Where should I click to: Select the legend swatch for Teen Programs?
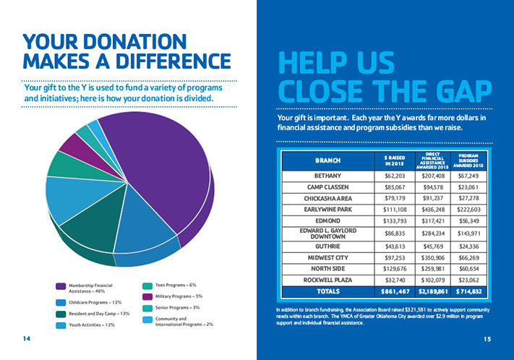(147, 286)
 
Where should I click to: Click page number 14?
(27, 338)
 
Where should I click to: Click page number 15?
(487, 338)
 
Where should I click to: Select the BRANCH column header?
(327, 159)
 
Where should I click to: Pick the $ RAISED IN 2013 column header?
(394, 159)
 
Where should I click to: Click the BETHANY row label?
(327, 176)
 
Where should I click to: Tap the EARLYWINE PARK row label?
(327, 209)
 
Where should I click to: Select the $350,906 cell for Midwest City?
(433, 257)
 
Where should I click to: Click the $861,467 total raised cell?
(394, 292)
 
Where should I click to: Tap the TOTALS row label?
(327, 292)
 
